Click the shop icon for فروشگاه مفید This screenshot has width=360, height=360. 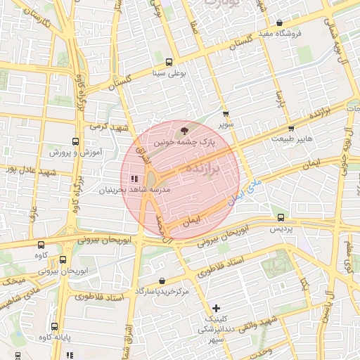[x=279, y=22]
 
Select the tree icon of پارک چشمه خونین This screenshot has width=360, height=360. [x=185, y=130]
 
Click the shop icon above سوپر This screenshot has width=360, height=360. [x=225, y=113]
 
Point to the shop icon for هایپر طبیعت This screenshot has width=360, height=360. [x=291, y=129]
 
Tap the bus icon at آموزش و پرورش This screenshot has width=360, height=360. [x=77, y=141]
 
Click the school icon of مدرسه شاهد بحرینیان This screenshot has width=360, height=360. [x=134, y=179]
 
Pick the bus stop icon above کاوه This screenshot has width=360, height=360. [x=41, y=245]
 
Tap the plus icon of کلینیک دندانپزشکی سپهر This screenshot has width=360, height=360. [x=216, y=308]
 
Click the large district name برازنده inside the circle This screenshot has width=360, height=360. [x=203, y=169]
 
